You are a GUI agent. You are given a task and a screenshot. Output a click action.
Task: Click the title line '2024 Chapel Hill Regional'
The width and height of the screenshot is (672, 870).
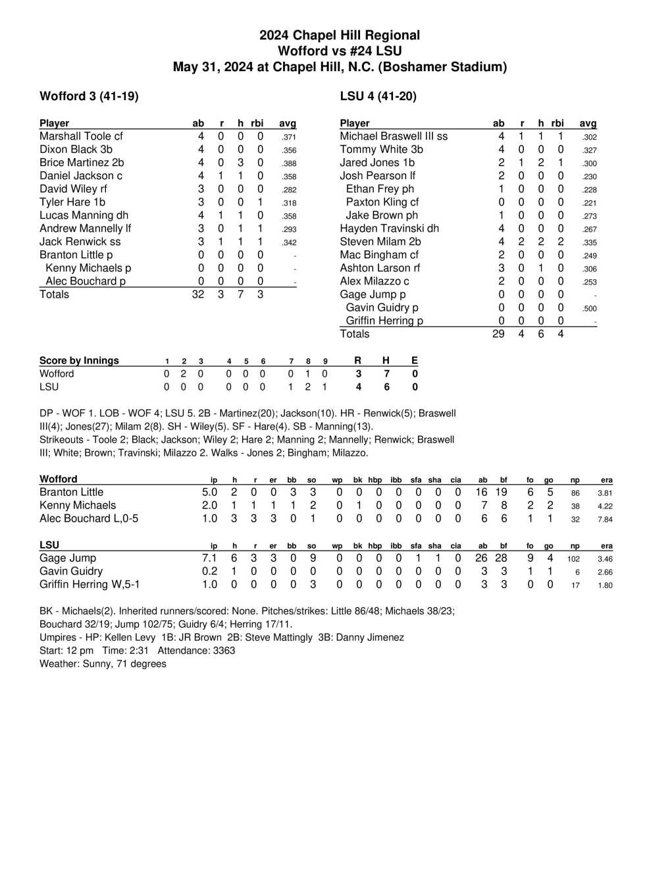(339, 35)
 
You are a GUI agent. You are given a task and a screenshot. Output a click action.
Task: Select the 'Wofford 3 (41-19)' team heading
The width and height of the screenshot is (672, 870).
(89, 96)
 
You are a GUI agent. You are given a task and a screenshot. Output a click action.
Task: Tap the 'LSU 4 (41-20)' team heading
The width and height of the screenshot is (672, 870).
(378, 96)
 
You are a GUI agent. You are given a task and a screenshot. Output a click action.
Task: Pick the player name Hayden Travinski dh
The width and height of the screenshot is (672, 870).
(389, 229)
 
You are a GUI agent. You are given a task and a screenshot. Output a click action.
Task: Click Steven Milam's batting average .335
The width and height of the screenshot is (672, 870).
(589, 242)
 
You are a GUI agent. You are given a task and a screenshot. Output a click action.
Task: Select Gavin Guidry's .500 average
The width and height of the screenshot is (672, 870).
(589, 308)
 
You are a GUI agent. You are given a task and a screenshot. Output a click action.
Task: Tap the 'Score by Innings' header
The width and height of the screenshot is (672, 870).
(79, 360)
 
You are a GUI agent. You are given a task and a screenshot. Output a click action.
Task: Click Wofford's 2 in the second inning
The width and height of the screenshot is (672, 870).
(184, 373)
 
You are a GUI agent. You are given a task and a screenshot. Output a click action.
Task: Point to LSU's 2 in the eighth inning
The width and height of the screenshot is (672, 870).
(307, 387)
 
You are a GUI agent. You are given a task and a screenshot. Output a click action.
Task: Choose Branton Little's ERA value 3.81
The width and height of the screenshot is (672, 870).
(604, 493)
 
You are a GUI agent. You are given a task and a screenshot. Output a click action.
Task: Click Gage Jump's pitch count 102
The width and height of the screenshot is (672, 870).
(573, 558)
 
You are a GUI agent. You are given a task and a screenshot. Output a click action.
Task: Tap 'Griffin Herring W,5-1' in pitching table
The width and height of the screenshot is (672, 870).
(90, 584)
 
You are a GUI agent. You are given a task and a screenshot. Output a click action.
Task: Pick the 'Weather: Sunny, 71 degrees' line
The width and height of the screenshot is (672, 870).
(103, 663)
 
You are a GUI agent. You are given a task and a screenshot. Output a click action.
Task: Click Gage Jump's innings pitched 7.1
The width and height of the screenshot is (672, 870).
(209, 558)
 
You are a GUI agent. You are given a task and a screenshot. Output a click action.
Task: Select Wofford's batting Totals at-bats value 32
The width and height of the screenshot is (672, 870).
(198, 294)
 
